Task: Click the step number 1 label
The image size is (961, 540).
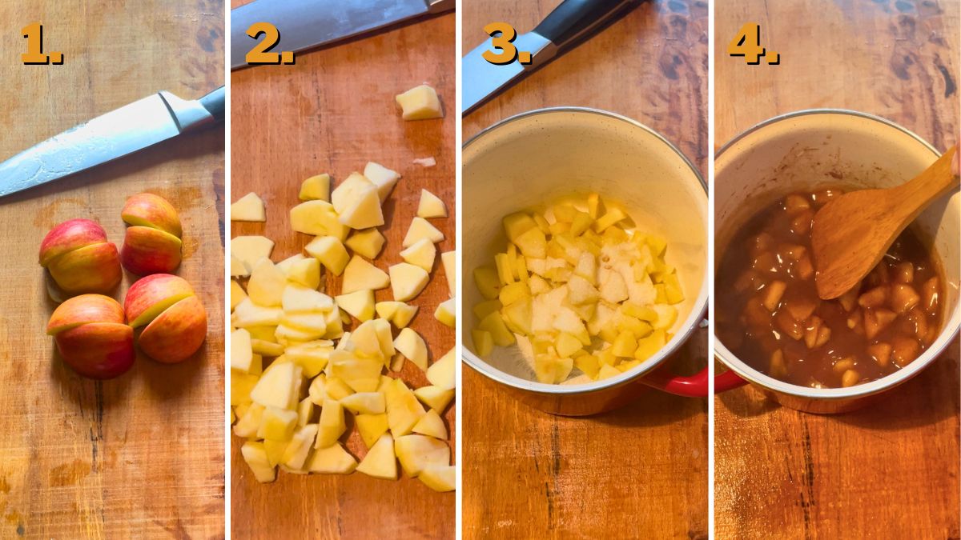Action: [x=41, y=45]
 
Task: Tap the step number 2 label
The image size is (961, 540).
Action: [x=269, y=45]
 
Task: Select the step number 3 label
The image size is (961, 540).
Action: [x=506, y=45]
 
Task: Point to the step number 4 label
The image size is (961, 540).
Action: [x=753, y=45]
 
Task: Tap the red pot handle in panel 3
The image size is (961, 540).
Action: [x=681, y=383]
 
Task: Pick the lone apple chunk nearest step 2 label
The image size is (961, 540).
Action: [x=419, y=102]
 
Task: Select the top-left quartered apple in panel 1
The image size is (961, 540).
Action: [x=80, y=256]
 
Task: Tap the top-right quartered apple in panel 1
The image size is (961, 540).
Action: [x=151, y=234]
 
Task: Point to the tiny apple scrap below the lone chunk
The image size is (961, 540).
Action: [x=425, y=162]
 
